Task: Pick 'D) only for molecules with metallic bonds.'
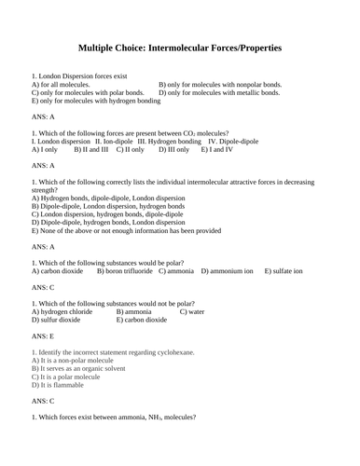click(x=219, y=93)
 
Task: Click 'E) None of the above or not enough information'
click(x=125, y=230)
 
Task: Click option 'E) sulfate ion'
click(x=284, y=271)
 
